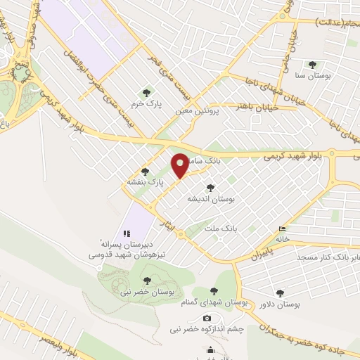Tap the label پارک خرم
148,103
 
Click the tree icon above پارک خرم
146,92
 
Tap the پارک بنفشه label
145,181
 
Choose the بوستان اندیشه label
209,199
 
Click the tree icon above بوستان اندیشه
210,188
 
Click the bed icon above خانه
283,229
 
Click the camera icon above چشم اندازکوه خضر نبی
206,319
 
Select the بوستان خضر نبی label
148,292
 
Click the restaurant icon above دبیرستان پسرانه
127,233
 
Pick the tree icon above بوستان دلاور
281,293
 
